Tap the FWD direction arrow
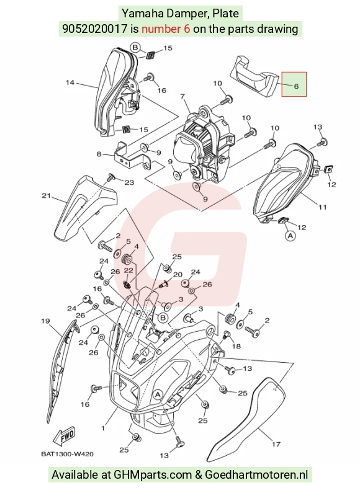click(x=64, y=436)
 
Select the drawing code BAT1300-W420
click(x=67, y=454)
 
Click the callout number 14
click(x=70, y=82)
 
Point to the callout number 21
click(x=46, y=195)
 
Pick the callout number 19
click(x=45, y=321)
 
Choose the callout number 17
click(x=276, y=444)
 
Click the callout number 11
click(x=322, y=206)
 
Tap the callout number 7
click(x=182, y=97)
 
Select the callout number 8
click(x=99, y=154)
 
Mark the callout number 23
click(x=129, y=182)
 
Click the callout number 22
click(x=128, y=270)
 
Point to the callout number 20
click(x=178, y=275)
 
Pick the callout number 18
click(x=236, y=346)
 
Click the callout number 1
click(x=103, y=428)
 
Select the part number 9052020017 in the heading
click(x=95, y=29)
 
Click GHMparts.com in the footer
click(x=153, y=474)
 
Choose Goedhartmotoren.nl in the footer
click(x=256, y=474)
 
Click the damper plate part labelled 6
click(x=254, y=76)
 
